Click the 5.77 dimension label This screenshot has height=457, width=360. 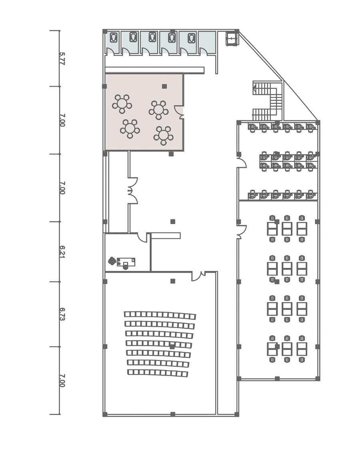point(62,58)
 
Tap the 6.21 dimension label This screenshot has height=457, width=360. point(62,251)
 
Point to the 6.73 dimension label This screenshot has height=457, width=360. point(62,314)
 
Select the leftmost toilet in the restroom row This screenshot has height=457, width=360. point(114,37)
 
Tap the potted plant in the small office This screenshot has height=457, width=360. point(112,261)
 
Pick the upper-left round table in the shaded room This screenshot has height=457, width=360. point(122,104)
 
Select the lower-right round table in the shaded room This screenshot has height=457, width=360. point(163,135)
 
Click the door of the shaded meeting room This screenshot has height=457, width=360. point(180,112)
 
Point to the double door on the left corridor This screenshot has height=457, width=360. point(133,191)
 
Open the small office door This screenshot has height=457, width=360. point(142,237)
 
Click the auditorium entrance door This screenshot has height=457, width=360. point(198,276)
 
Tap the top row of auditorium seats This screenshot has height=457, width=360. point(160,315)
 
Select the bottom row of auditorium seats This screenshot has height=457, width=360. point(157,373)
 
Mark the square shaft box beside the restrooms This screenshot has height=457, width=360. point(232,39)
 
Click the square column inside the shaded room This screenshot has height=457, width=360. point(164,86)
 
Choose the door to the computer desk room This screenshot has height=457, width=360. point(241,162)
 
